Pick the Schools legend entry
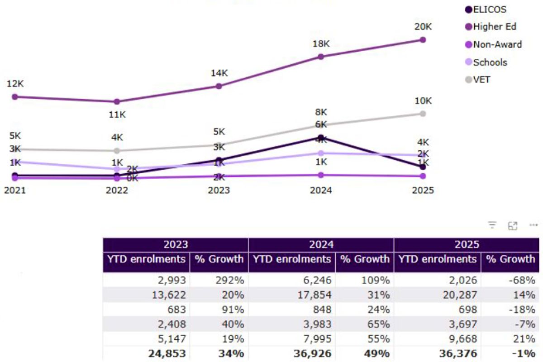click(486, 62)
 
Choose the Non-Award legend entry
click(493, 44)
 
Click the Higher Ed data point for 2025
click(423, 40)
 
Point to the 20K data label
click(423, 27)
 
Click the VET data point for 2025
click(423, 114)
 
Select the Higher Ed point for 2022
click(117, 102)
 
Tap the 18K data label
click(321, 44)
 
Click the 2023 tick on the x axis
click(219, 190)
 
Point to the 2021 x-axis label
click(15, 190)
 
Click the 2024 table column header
click(321, 245)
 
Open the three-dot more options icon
click(533, 225)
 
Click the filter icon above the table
click(492, 225)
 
